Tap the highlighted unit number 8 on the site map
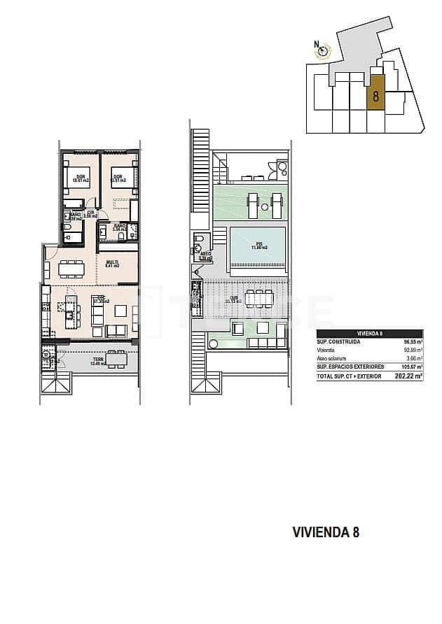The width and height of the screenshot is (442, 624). point(375,97)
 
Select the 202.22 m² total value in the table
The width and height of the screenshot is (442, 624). point(409,376)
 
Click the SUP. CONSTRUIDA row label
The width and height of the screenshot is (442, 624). point(339,342)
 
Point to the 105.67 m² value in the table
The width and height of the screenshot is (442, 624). point(410,367)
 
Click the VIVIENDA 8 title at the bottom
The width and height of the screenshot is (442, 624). point(325,532)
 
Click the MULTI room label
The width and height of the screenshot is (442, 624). point(112,264)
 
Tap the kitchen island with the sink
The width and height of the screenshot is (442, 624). point(69,306)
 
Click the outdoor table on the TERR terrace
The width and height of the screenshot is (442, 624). point(116,360)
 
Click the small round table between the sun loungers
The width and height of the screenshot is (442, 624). point(265,206)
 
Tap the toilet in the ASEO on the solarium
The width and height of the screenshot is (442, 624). point(198,246)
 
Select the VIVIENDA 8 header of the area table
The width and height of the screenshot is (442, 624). point(369,334)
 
